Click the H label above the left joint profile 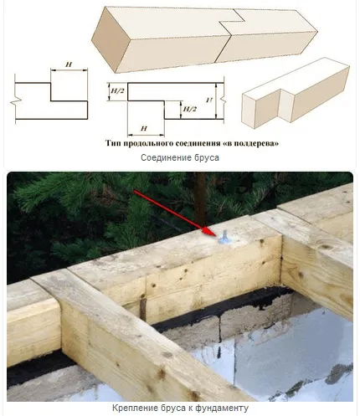(x=69, y=64)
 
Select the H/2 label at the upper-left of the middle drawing (x=117, y=91)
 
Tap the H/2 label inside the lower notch (x=189, y=109)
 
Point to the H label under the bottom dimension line (x=143, y=129)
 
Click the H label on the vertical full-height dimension (x=209, y=100)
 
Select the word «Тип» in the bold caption (x=113, y=143)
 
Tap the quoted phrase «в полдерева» (x=251, y=143)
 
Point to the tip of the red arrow (x=217, y=235)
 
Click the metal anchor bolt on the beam (x=224, y=237)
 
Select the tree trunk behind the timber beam (x=199, y=195)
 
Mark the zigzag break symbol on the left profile (x=15, y=100)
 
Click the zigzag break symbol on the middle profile (x=223, y=101)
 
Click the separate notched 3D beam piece (x=296, y=93)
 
